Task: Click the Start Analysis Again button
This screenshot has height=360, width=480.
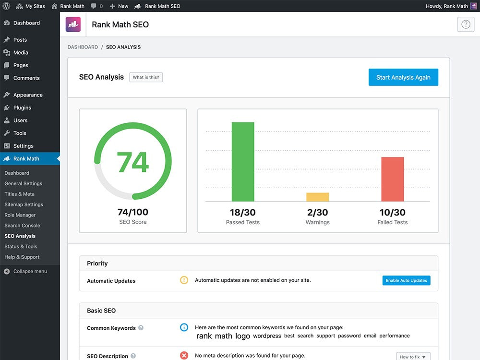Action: pos(403,77)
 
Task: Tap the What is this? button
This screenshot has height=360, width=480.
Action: pos(146,77)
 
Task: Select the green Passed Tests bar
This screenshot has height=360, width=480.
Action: pos(243,162)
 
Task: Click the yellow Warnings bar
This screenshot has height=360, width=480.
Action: pos(317,197)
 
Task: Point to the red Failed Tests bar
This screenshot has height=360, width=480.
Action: pos(393,179)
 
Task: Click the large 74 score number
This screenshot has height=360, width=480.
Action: pos(133,162)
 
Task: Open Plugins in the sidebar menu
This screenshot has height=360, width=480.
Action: pos(22,108)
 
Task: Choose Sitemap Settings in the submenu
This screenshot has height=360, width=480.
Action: pos(24,204)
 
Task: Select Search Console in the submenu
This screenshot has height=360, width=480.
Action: pos(22,226)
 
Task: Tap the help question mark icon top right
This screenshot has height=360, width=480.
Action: pos(466,24)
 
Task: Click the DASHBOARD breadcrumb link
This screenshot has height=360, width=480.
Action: pos(83,47)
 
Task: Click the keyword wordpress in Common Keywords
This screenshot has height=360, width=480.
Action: pos(267,336)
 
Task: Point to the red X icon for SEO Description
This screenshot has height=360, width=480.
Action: pos(184,355)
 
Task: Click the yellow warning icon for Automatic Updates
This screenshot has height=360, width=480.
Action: pos(184,280)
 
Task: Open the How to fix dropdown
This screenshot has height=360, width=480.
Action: pos(413,356)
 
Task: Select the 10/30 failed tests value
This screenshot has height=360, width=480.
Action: pos(393,212)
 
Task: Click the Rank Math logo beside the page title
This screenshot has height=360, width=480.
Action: pos(73,24)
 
